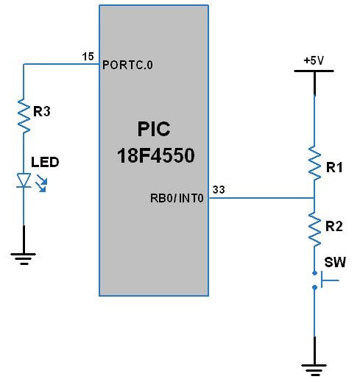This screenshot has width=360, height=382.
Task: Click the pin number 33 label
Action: (x=219, y=189)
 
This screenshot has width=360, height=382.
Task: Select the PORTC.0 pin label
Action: (x=128, y=64)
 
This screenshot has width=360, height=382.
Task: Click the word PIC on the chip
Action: (x=154, y=130)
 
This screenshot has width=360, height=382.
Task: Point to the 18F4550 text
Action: (x=154, y=157)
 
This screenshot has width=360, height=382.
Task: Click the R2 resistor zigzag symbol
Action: (x=314, y=229)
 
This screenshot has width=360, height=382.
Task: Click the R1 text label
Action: (x=335, y=168)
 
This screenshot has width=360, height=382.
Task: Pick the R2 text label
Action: (x=335, y=227)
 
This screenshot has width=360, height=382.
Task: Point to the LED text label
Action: (x=44, y=162)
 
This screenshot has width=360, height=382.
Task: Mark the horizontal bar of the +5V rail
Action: (x=314, y=71)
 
